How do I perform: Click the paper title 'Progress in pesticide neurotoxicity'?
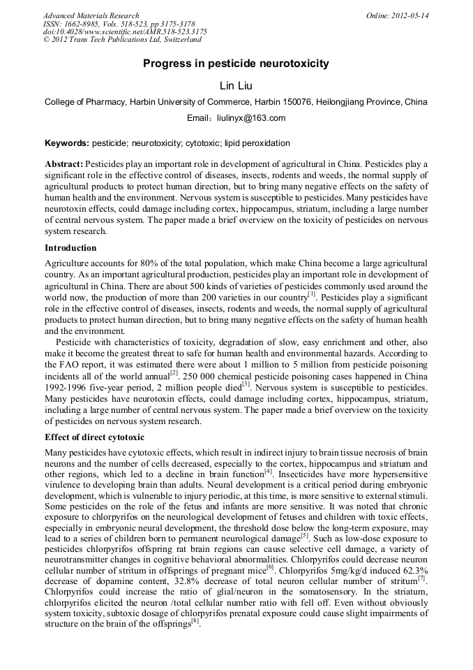pyautogui.click(x=236, y=64)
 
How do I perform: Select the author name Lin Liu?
pyautogui.click(x=236, y=85)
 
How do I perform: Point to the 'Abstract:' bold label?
pyautogui.click(x=63, y=164)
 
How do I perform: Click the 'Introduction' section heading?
pyautogui.click(x=70, y=248)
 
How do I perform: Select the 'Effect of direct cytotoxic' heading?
pyautogui.click(x=94, y=437)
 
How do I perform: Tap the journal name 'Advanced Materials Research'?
pyautogui.click(x=91, y=15)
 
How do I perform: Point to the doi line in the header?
pyautogui.click(x=125, y=32)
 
